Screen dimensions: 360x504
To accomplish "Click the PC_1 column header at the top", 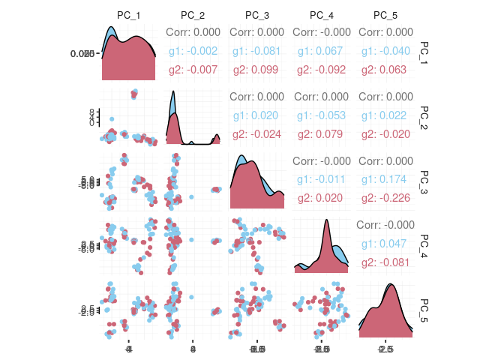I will pos(129,15).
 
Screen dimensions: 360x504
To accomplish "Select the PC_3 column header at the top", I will pos(256,15).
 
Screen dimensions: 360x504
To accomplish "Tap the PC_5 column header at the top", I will pos(385,15).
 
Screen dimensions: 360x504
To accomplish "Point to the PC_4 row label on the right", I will pos(424,244).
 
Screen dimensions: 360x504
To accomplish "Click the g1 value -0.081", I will pos(257,51).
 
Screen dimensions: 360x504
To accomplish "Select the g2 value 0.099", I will pos(257,70).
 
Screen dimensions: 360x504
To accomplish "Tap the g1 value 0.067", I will pos(321,51).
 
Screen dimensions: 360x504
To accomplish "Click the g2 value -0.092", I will pos(321,70).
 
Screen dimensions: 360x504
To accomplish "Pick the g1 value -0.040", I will pos(385,51).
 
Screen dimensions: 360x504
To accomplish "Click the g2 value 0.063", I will pos(385,70).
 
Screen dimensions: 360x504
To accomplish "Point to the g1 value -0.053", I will pos(321,115).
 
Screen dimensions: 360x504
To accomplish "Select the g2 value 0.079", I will pos(321,134).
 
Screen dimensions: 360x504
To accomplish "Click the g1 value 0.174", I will pos(385,180).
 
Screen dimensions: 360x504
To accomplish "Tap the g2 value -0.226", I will pos(385,199).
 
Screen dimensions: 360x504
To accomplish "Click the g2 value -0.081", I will pos(385,263).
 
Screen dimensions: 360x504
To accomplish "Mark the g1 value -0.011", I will pos(321,180).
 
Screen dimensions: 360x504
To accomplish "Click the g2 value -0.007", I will pos(193,70).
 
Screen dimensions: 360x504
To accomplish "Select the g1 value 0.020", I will pos(257,115).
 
